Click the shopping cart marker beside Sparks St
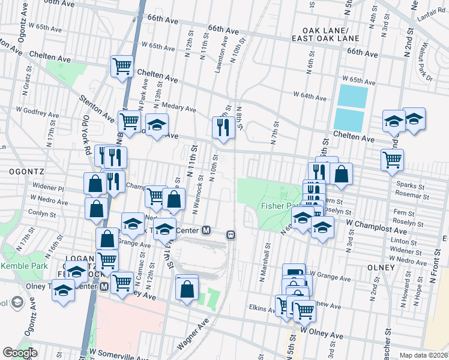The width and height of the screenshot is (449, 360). pyautogui.click(x=392, y=159)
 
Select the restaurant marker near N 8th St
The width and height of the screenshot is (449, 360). pyautogui.click(x=223, y=127)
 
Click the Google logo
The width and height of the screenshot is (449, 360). pyautogui.click(x=20, y=353)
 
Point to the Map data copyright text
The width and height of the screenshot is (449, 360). pyautogui.click(x=424, y=355)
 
